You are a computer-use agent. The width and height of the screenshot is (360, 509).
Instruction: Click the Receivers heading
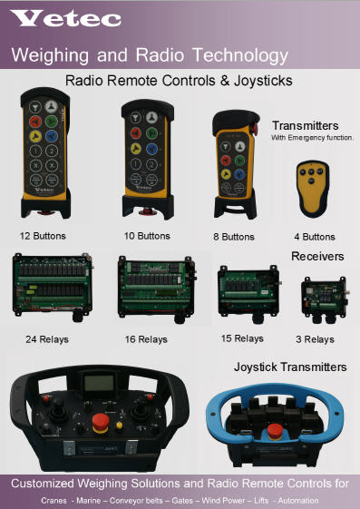pyautogui.click(x=317, y=257)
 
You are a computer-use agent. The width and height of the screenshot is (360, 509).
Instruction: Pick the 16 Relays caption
pyautogui.click(x=146, y=339)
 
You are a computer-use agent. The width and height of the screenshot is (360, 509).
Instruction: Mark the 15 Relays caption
pyautogui.click(x=242, y=338)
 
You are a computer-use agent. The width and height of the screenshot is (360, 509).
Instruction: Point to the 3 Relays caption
pyautogui.click(x=315, y=338)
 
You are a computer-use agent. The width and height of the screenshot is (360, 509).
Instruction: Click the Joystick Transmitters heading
pyautogui.click(x=303, y=367)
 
